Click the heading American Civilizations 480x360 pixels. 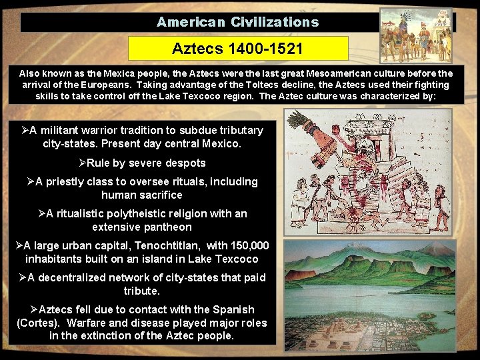237,22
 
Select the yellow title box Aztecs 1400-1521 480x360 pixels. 238,49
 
